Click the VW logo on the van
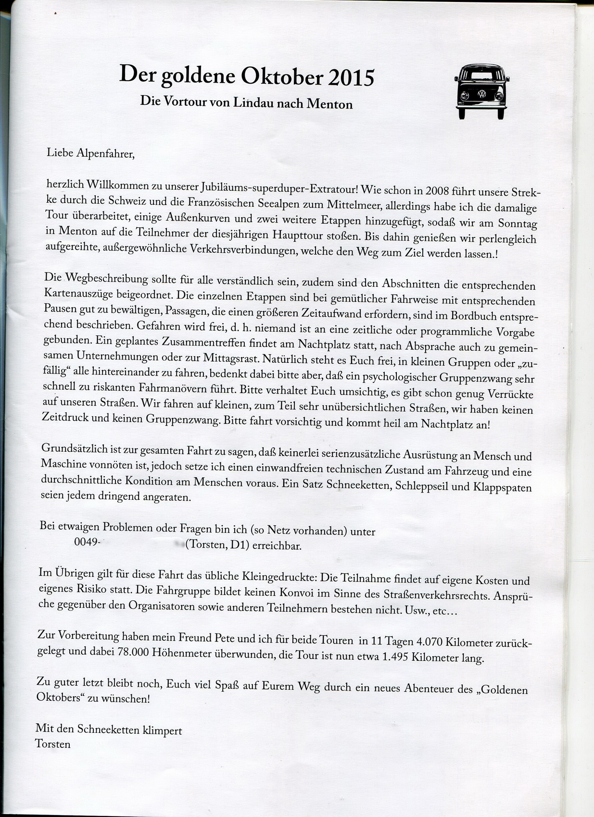[481, 95]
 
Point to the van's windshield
[481, 75]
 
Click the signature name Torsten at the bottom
[52, 744]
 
